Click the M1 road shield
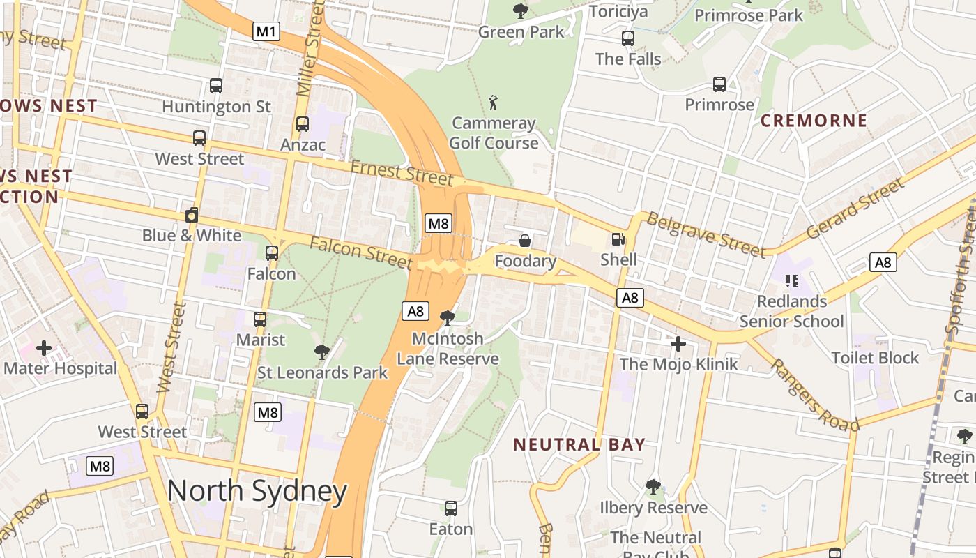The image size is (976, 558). pos(266,31)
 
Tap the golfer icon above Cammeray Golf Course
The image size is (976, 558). pos(494,103)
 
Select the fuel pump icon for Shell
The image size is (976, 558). pos(618,239)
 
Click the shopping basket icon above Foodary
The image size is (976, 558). pos(525,241)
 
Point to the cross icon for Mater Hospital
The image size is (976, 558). pos(44,347)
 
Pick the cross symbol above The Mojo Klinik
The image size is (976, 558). pos(678,343)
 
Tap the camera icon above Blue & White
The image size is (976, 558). pos(192,215)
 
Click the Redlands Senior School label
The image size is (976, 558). pos(791,311)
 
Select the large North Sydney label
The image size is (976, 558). pos(257,491)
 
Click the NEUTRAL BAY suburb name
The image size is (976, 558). pos(579,444)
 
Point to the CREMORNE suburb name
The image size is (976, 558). pos(814,121)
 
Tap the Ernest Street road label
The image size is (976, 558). pos(402,172)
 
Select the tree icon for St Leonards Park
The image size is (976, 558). pos(321,352)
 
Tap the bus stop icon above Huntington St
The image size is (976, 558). pos(216,86)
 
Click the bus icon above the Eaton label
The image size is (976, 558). pos(451,508)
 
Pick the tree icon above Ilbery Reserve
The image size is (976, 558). pos(653,486)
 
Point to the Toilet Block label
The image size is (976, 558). pos(875,358)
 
